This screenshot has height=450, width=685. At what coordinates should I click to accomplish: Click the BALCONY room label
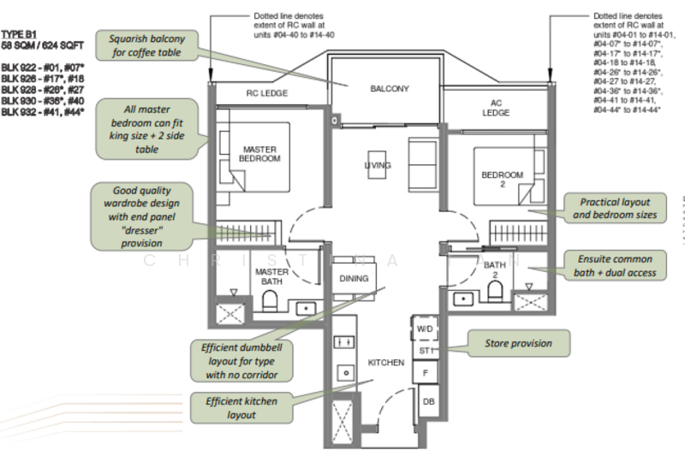(x=390, y=89)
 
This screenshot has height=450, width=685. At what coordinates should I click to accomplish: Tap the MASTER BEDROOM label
(x=260, y=153)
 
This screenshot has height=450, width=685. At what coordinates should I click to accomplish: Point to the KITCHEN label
(x=386, y=363)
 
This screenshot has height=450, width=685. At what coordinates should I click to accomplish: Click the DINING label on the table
(x=354, y=278)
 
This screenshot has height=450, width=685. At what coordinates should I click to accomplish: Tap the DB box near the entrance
(x=428, y=402)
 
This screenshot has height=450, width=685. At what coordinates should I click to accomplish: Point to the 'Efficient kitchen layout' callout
(x=230, y=407)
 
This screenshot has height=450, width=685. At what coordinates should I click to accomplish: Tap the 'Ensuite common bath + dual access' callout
(x=614, y=265)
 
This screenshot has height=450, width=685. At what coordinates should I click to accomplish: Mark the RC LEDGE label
(x=267, y=93)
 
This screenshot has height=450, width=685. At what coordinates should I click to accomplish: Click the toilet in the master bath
(x=269, y=299)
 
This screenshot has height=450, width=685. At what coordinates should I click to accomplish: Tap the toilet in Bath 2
(x=496, y=293)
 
